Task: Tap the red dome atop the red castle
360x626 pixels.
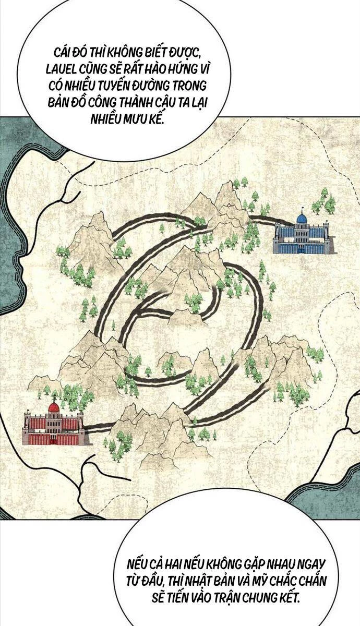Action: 53,407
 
